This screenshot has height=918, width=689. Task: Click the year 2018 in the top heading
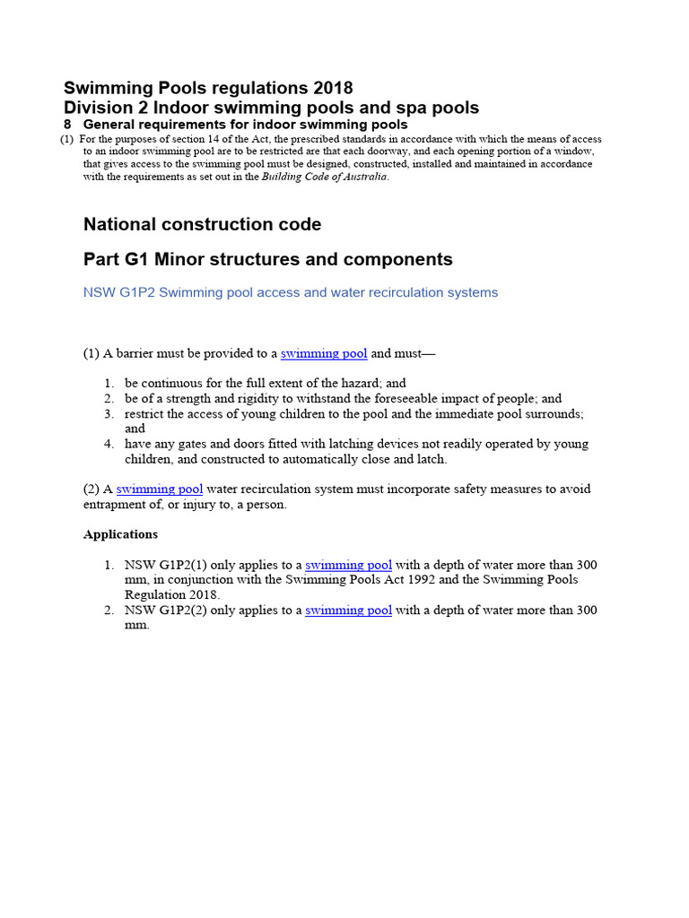click(x=333, y=88)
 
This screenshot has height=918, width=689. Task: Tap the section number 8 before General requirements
click(x=67, y=125)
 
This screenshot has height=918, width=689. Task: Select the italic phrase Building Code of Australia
click(x=325, y=177)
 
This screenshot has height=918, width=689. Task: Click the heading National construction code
click(x=202, y=224)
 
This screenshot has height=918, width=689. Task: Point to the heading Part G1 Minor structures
click(x=267, y=259)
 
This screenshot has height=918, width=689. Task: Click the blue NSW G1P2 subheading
click(x=290, y=292)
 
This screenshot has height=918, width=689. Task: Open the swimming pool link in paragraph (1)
click(x=324, y=353)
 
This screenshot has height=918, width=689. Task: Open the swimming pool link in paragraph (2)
click(x=160, y=489)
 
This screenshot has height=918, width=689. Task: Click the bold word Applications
click(x=120, y=534)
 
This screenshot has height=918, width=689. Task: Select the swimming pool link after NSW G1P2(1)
click(x=348, y=565)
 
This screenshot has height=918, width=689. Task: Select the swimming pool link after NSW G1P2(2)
click(x=348, y=610)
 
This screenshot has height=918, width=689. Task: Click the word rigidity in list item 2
click(x=257, y=398)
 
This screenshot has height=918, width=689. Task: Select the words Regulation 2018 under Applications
click(x=171, y=594)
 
